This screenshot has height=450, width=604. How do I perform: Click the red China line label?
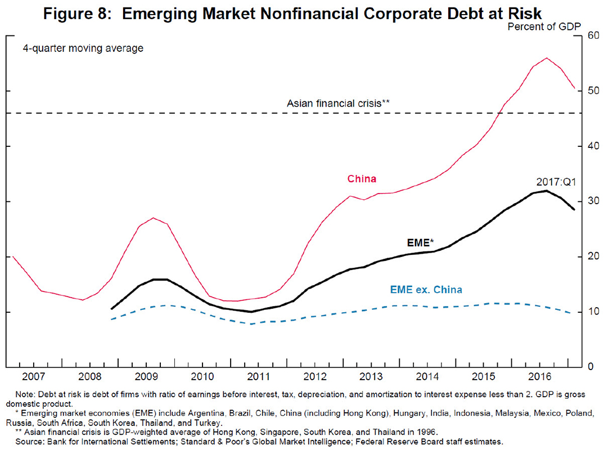tap(362, 179)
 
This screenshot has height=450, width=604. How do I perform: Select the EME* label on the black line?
tap(418, 243)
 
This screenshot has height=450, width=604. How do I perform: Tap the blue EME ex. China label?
tap(426, 290)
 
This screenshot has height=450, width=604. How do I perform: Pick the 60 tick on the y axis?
tap(591, 35)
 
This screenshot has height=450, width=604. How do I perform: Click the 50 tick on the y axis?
tap(591, 91)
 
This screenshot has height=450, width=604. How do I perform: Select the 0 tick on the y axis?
tap(588, 367)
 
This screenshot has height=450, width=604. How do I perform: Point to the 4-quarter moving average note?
tap(83, 48)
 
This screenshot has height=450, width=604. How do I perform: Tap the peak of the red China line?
tap(546, 58)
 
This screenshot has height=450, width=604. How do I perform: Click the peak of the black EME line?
tap(546, 191)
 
